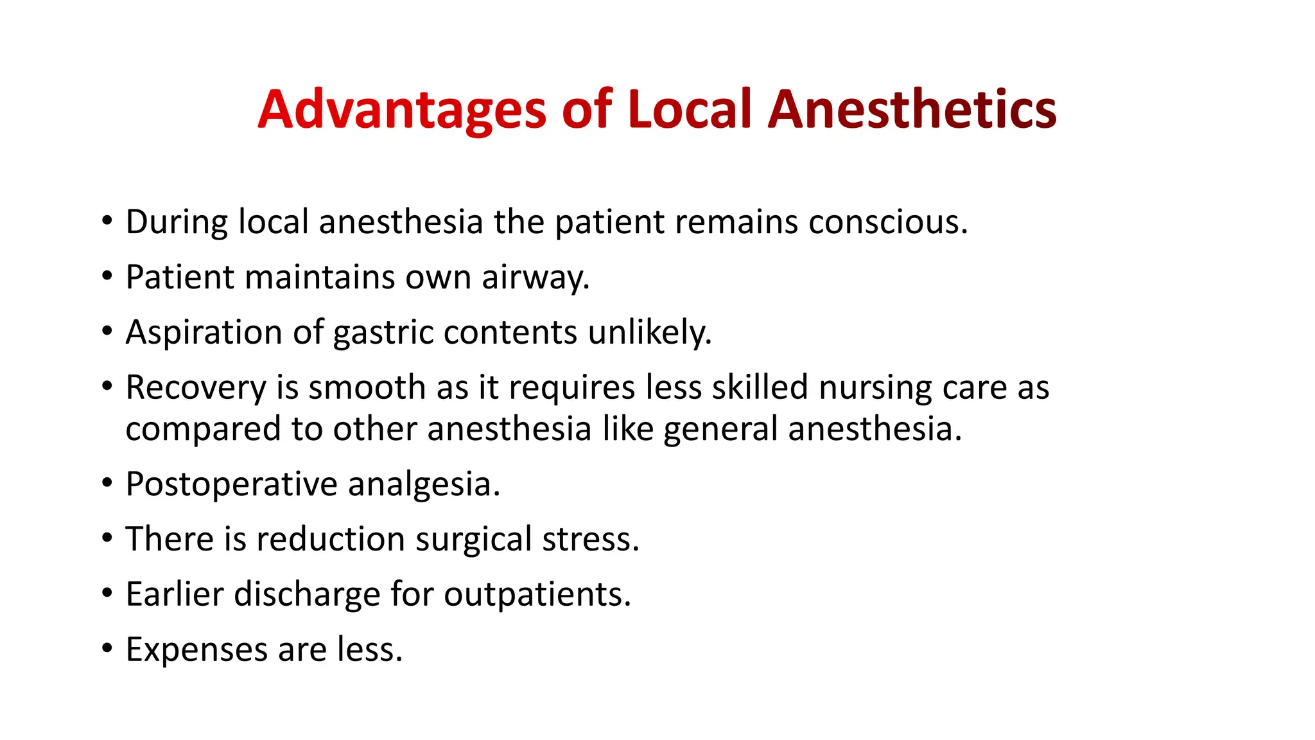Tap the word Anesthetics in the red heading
[912, 110]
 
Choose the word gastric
[383, 333]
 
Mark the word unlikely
[650, 333]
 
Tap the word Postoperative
[231, 484]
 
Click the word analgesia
[424, 484]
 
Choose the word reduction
[331, 539]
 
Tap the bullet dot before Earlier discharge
[107, 593]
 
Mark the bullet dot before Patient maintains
[107, 276]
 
